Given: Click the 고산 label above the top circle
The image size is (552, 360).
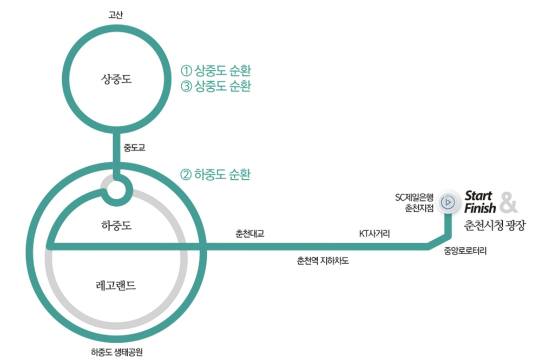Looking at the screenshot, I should coord(116,15).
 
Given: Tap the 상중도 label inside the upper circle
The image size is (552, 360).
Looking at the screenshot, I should coord(116,80).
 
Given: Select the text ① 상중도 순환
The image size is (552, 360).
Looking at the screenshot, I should coord(216,70).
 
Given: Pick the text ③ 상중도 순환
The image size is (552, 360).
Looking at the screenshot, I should coord(216,86).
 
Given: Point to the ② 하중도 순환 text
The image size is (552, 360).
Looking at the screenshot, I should coord(215,175).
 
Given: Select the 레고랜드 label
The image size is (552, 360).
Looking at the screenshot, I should coord(116,285).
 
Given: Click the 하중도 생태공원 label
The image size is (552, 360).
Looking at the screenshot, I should coord(117,352).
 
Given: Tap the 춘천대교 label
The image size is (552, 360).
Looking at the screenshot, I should coord(249,234).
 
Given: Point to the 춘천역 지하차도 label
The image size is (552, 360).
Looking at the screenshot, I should coord(323,260).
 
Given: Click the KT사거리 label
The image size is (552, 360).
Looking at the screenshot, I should coord(374,234).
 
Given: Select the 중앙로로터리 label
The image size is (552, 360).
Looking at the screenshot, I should coord(465,250).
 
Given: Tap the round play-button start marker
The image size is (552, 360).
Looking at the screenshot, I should coord(448,202).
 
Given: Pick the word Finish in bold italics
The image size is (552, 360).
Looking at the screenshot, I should coord(479,208).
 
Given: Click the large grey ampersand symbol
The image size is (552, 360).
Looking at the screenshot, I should coord(508,202).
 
